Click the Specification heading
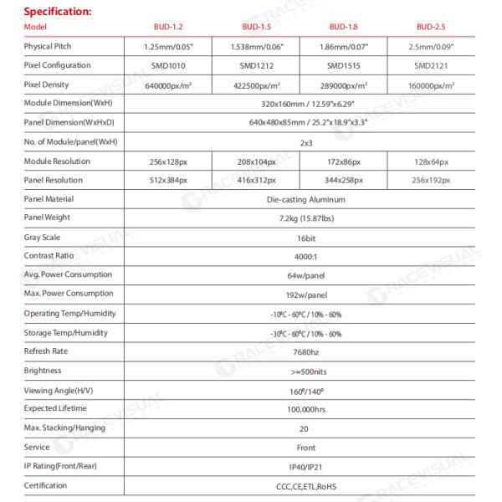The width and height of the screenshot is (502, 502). pos(57,11)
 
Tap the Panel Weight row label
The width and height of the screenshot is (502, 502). pos(49,218)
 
